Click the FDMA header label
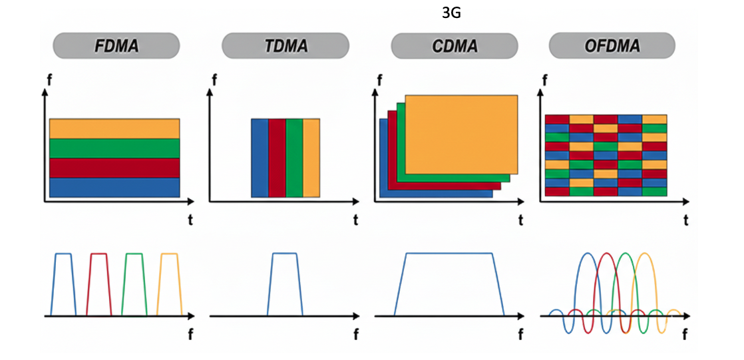pos(116,47)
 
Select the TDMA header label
pos(285,47)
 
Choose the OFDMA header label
pos(612,47)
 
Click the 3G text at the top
pos(451,12)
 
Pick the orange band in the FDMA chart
pos(114,128)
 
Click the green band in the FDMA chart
pos(114,148)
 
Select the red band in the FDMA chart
pos(114,168)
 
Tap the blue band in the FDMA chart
pos(114,187)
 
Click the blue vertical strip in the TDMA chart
pos(260,158)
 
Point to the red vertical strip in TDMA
pos(277,158)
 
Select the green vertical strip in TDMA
pos(294,158)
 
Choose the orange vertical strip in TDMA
pos(311,158)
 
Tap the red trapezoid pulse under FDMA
pos(99,254)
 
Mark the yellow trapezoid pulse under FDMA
pos(169,254)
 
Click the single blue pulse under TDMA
pos(285,254)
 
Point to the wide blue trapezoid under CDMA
pos(449,254)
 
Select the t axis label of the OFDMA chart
pos(687,219)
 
